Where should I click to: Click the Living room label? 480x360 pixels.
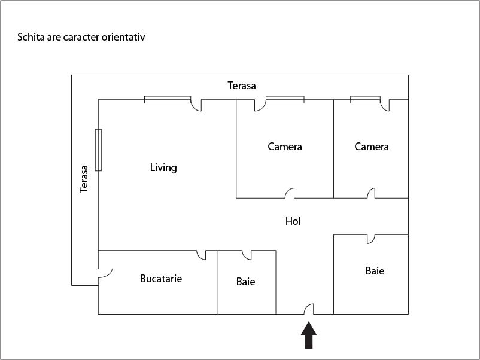pyautogui.click(x=163, y=167)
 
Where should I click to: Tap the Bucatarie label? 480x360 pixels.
pyautogui.click(x=161, y=279)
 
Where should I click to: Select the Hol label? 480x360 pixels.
pyautogui.click(x=293, y=221)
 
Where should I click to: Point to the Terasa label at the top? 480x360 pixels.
pyautogui.click(x=242, y=86)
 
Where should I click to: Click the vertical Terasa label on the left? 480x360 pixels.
pyautogui.click(x=84, y=179)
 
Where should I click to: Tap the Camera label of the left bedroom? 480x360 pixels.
pyautogui.click(x=285, y=147)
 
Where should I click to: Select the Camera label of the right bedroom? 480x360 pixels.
pyautogui.click(x=372, y=147)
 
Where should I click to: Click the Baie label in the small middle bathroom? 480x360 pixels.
pyautogui.click(x=245, y=281)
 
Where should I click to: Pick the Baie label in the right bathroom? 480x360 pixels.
pyautogui.click(x=375, y=271)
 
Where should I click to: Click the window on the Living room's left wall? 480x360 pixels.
pyautogui.click(x=98, y=150)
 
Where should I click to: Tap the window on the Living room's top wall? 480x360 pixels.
pyautogui.click(x=168, y=99)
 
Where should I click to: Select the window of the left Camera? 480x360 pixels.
pyautogui.click(x=285, y=99)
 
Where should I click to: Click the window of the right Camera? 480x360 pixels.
pyautogui.click(x=365, y=99)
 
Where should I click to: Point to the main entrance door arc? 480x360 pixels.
pyautogui.click(x=309, y=309)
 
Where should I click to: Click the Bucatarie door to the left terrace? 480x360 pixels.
pyautogui.click(x=105, y=272)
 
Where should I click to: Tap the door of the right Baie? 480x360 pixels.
pyautogui.click(x=371, y=239)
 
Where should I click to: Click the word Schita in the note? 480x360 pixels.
pyautogui.click(x=30, y=37)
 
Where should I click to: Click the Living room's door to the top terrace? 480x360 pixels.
pyautogui.click(x=196, y=105)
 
